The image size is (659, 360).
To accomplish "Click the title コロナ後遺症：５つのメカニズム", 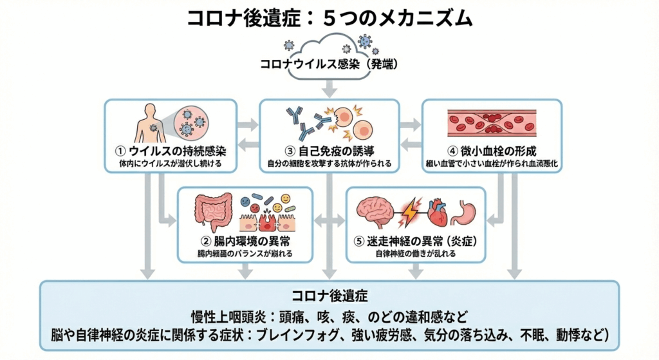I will point(329,17).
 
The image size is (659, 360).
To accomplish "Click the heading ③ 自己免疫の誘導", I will point(329,152).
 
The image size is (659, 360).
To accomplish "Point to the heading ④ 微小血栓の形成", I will point(491,152).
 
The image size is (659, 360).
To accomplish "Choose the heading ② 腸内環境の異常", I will point(245,241).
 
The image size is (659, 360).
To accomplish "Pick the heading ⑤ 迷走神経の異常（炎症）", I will point(415,241).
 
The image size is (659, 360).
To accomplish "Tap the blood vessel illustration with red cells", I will point(491,121).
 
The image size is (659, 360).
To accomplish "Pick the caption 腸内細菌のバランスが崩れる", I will point(245,254).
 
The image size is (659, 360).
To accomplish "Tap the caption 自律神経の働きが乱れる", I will point(415,254).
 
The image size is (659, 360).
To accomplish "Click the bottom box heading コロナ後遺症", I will point(329,297).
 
